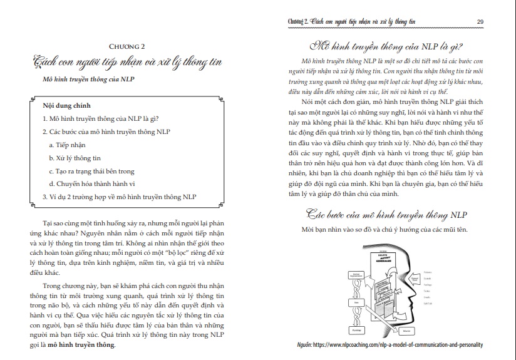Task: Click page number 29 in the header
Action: pos(480,21)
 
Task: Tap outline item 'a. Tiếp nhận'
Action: pos(69,144)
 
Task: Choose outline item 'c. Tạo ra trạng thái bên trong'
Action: pos(91,170)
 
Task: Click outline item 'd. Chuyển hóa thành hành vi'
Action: pos(91,183)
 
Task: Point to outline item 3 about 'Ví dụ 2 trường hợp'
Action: pos(119,197)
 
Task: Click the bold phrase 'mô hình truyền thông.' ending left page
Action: pos(83,345)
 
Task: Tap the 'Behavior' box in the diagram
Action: pos(406,331)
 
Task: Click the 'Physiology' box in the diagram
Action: pos(356,330)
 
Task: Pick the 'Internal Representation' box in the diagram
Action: pos(356,275)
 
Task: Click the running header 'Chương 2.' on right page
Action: pos(295,21)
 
